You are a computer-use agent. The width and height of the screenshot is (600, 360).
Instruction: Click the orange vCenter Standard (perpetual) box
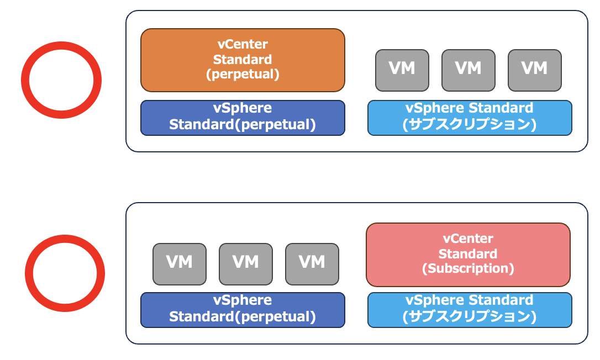(x=243, y=60)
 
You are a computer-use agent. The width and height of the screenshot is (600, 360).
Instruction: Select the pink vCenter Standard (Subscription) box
(x=468, y=255)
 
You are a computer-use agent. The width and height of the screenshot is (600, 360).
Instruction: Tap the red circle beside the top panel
(x=61, y=80)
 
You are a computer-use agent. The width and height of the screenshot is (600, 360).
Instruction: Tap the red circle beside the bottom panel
(x=65, y=273)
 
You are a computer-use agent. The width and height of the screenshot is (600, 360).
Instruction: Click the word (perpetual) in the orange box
(x=243, y=75)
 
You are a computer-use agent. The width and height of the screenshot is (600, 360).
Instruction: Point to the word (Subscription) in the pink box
(x=468, y=269)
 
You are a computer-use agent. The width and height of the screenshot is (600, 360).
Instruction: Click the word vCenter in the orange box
(x=243, y=45)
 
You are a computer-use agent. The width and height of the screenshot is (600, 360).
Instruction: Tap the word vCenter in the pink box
(x=468, y=239)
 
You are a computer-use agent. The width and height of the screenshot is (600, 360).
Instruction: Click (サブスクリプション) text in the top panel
(x=470, y=125)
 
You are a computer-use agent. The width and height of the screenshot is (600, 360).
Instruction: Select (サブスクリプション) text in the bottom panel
(x=470, y=317)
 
